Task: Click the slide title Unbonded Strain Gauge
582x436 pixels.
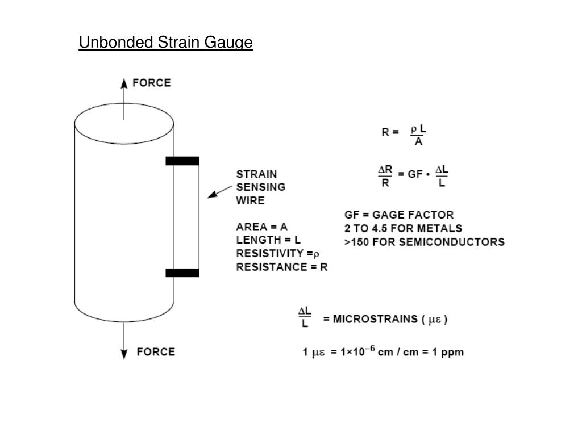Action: pyautogui.click(x=165, y=43)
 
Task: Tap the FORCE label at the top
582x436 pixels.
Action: pyautogui.click(x=151, y=83)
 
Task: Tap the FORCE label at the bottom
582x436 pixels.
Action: pyautogui.click(x=156, y=352)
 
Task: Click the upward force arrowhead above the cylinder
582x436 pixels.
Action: pyautogui.click(x=124, y=83)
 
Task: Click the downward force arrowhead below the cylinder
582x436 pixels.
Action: pyautogui.click(x=124, y=354)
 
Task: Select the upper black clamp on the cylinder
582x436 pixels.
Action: pyautogui.click(x=182, y=161)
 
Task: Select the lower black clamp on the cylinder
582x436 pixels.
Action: pyautogui.click(x=182, y=272)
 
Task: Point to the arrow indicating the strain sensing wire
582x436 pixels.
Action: pyautogui.click(x=219, y=191)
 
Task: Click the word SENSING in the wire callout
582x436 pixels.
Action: pyautogui.click(x=260, y=187)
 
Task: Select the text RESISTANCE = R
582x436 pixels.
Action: pyautogui.click(x=282, y=267)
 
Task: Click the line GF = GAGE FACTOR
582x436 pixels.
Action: pyautogui.click(x=399, y=215)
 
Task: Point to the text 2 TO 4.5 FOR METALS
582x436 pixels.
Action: pyautogui.click(x=403, y=228)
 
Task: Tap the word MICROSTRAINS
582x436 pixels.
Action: pyautogui.click(x=375, y=319)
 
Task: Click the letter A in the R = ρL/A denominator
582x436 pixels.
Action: pyautogui.click(x=418, y=142)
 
